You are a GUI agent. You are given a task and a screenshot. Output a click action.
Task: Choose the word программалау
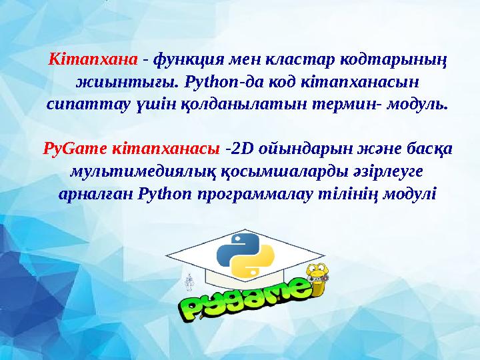tap(277, 193)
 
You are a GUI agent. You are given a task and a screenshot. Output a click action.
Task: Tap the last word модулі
tap(411, 193)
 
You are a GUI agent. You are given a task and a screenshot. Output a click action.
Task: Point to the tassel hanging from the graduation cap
tap(189, 283)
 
